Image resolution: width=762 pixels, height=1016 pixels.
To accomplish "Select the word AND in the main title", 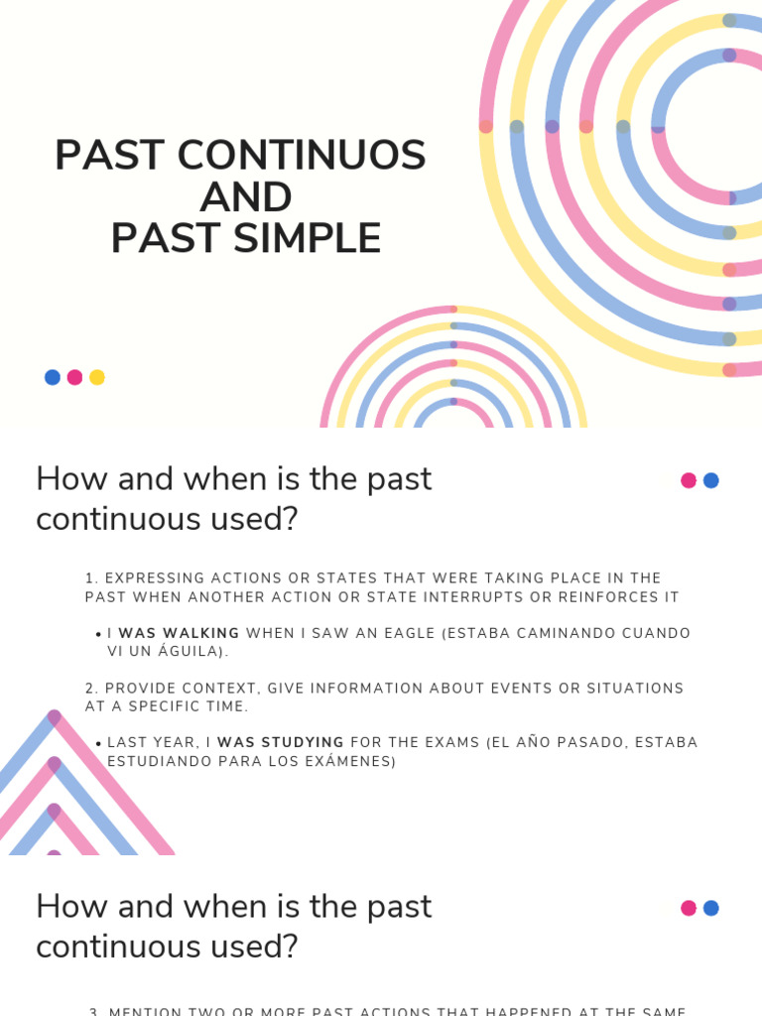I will pos(245,196).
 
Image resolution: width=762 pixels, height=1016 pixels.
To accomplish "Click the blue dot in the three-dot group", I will pos(53,377).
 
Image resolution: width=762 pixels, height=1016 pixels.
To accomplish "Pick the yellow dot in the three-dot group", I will pos(97,377).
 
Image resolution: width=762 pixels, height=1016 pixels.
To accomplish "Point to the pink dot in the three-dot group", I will pos(74,377).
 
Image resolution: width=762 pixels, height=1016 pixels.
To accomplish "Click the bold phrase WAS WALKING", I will pos(179,633).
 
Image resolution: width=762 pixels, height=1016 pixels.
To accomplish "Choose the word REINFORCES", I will pos(615,596).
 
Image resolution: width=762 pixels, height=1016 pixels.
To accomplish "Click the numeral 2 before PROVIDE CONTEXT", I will pos(89,688).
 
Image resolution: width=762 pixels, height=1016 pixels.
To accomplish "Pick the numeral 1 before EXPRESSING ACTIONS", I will pos(89,577).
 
